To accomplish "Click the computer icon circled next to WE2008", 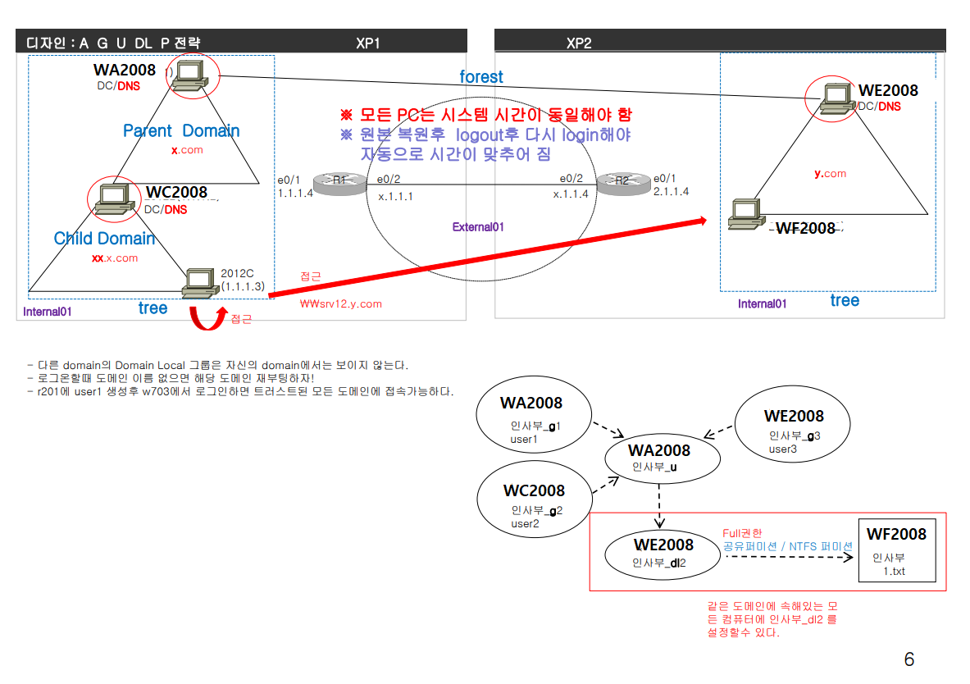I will pos(830,97).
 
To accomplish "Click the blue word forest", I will pos(481,77).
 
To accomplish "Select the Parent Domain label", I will pos(181,131).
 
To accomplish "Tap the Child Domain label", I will pos(104,239).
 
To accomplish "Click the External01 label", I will pos(478,227).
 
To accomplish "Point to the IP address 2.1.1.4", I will pos(671,191).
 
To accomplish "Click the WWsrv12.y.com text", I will pos(341,303).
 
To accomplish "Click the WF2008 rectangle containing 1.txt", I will pos(896,550).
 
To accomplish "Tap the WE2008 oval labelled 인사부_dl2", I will pos(663,552).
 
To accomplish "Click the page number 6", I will pos(909,659).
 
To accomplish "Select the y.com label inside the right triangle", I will pos(830,174).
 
